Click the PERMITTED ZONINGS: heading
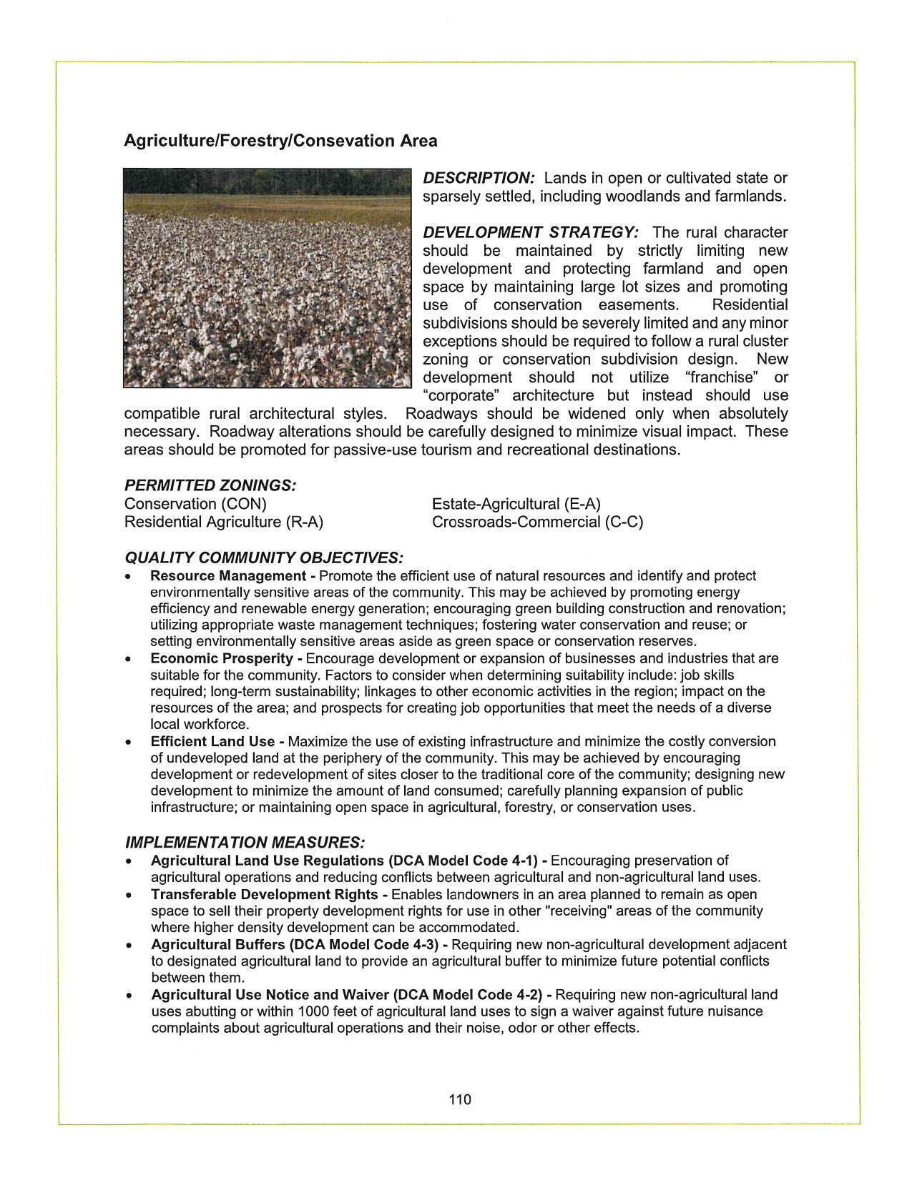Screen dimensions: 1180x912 [x=210, y=485]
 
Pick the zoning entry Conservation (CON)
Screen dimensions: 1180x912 [x=195, y=504]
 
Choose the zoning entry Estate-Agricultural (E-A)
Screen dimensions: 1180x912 [x=516, y=504]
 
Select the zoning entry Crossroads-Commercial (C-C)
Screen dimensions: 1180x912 [x=537, y=522]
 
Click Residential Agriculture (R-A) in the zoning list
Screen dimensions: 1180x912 [x=224, y=522]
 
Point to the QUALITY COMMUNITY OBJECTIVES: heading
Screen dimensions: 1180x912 [x=263, y=557]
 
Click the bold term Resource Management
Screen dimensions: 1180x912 [x=227, y=576]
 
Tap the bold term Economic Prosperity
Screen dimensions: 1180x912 [x=222, y=658]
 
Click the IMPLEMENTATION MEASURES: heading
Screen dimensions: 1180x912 [x=245, y=843]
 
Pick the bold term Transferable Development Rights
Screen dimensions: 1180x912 [x=264, y=894]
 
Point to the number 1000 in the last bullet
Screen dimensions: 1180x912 [x=313, y=1011]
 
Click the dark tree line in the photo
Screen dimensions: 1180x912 [x=268, y=182]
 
